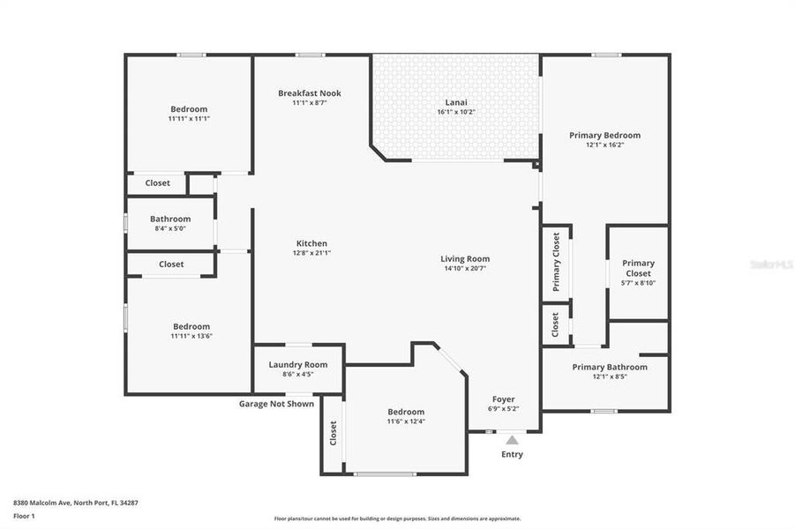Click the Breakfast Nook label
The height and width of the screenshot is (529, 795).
tap(309, 93)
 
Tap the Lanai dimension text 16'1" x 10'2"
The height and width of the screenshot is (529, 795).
tap(455, 112)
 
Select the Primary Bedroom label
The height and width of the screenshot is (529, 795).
tap(604, 135)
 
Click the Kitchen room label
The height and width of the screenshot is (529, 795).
tap(311, 243)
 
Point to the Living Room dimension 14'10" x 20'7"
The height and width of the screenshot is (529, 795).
tap(464, 268)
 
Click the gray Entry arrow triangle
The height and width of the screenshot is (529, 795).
tap(512, 440)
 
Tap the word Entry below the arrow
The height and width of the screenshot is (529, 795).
tap(512, 455)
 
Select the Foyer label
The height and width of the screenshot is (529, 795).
tap(503, 399)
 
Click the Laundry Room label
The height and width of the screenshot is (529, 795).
tap(297, 364)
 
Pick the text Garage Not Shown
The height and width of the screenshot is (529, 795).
tap(276, 404)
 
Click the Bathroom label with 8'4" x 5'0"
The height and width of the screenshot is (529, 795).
tap(170, 219)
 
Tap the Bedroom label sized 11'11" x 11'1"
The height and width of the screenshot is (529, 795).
tap(189, 109)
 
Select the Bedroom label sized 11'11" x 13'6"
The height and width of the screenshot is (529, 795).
tap(191, 326)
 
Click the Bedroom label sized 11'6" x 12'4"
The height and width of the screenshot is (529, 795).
tap(406, 412)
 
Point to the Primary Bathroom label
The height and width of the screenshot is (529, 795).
tap(609, 367)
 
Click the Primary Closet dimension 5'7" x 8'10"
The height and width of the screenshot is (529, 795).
tap(638, 284)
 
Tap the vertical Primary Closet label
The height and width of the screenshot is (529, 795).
tap(556, 262)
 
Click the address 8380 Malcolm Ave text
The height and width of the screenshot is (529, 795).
tap(62, 502)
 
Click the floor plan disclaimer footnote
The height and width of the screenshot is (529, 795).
tap(397, 518)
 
